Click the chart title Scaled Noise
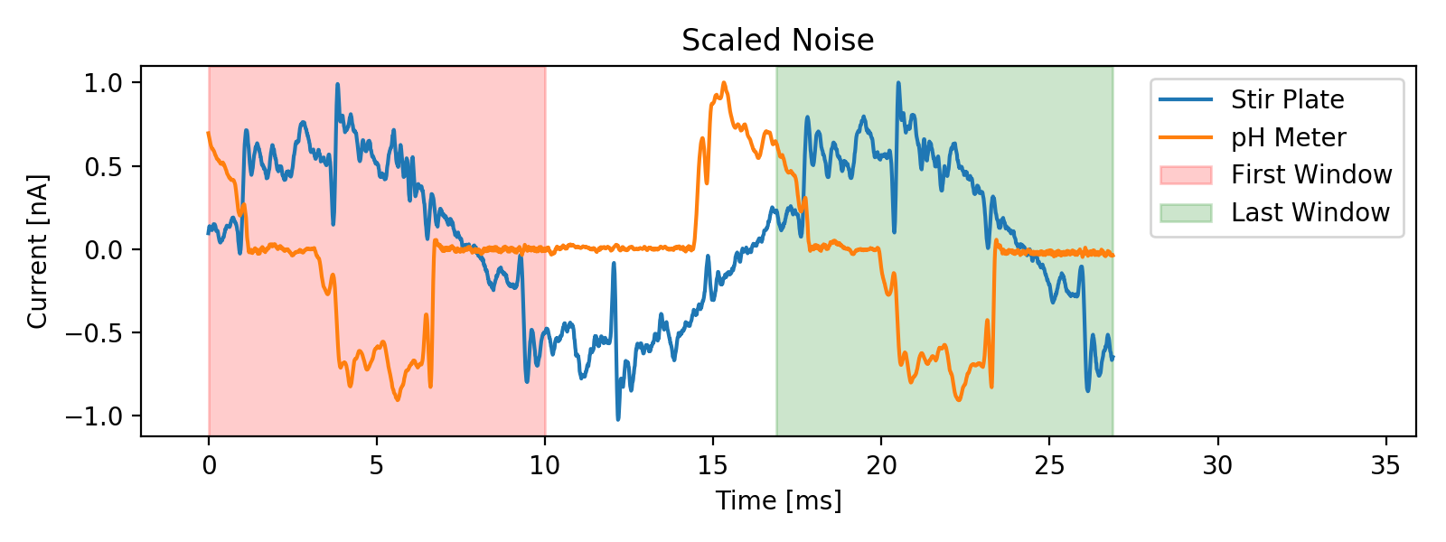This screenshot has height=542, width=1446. (x=777, y=41)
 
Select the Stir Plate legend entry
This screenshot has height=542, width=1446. (x=1287, y=99)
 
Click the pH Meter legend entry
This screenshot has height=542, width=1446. (x=1288, y=137)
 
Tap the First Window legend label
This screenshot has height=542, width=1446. (x=1310, y=174)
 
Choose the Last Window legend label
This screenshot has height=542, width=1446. (x=1310, y=212)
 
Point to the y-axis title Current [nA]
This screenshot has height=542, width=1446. (x=37, y=251)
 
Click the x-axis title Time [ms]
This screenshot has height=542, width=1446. (x=778, y=500)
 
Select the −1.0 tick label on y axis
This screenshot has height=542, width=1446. (x=99, y=416)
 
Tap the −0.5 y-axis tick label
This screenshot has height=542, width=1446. (x=99, y=333)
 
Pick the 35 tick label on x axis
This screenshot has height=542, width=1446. (x=1385, y=466)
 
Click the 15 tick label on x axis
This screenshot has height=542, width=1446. (x=713, y=466)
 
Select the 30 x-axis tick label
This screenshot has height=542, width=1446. (x=1217, y=466)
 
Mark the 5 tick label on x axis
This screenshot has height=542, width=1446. (x=377, y=466)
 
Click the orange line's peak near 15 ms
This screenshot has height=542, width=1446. (x=724, y=83)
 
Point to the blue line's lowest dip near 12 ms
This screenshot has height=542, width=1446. (x=618, y=419)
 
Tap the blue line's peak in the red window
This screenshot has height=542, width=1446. (x=337, y=85)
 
